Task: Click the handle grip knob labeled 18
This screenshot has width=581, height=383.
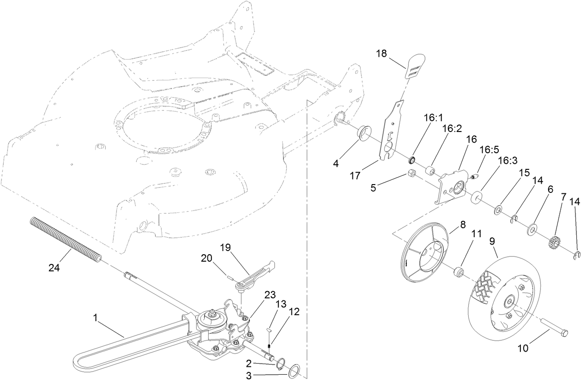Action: [415, 66]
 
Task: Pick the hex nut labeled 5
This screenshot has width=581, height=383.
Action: [413, 174]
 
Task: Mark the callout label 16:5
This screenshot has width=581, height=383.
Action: [489, 150]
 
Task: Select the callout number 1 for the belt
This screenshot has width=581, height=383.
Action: [95, 317]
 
